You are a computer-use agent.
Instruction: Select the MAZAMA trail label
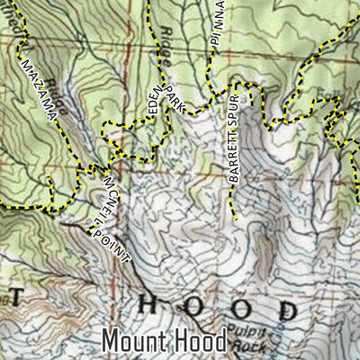coord(40,89)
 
